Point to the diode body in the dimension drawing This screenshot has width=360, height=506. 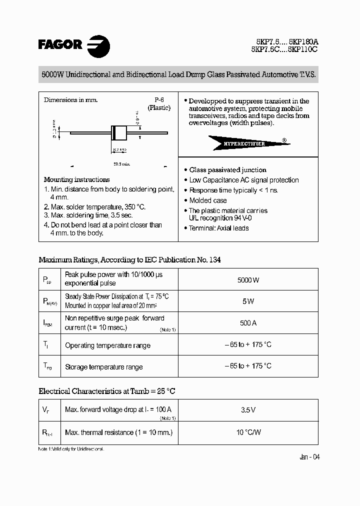click(118, 132)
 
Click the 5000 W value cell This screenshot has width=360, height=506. click(248, 280)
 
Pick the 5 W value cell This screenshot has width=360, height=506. click(248, 301)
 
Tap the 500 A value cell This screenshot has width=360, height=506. click(248, 323)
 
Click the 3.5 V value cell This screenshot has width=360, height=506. click(248, 410)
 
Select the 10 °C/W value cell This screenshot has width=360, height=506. click(248, 432)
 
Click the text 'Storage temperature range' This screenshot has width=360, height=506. click(103, 367)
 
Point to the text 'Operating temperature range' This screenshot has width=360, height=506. click(107, 345)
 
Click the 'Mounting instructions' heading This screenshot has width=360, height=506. click(76, 179)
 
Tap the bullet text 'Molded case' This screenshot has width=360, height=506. click(208, 200)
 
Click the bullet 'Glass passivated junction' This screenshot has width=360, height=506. click(227, 170)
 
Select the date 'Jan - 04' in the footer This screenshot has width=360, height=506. click(309, 457)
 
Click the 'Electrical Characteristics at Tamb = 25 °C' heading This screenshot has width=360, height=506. click(107, 391)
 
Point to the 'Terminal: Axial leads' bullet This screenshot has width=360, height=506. click(218, 228)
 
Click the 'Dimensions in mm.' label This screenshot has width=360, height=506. click(70, 100)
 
